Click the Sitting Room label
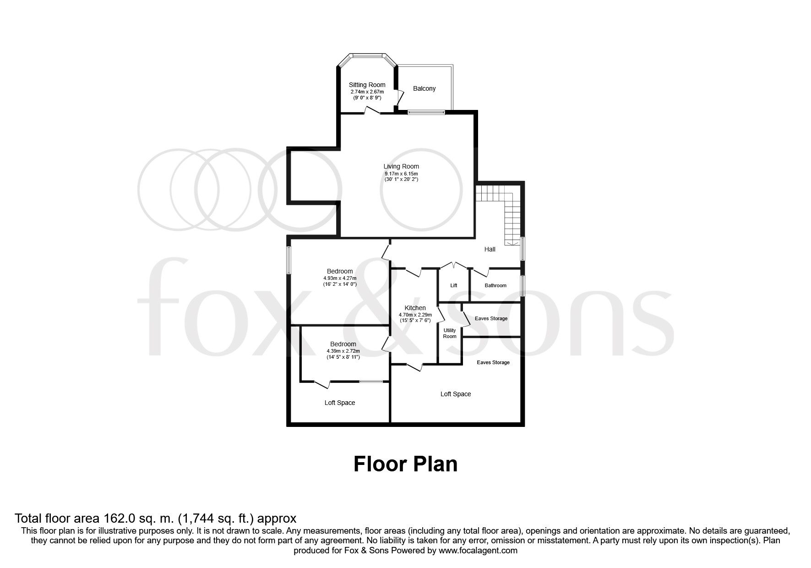(x=367, y=85)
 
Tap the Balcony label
(x=424, y=88)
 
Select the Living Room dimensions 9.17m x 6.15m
(x=401, y=174)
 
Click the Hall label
(x=490, y=249)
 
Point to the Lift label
(x=453, y=285)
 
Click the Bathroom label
(x=495, y=285)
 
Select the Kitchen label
(x=415, y=308)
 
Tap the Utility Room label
(x=450, y=333)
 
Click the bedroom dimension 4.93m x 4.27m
(x=340, y=278)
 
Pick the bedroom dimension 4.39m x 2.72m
(x=343, y=351)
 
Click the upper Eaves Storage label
(x=491, y=318)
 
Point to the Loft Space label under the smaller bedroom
(x=340, y=403)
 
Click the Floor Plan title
(x=405, y=464)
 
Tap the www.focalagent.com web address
(x=478, y=551)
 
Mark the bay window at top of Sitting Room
(x=368, y=56)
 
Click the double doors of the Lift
(x=453, y=265)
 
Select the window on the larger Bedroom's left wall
(x=289, y=261)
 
